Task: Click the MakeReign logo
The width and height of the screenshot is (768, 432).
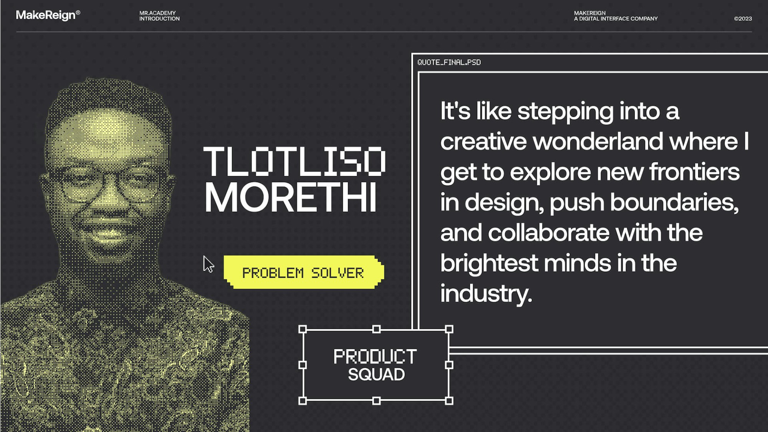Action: click(x=48, y=15)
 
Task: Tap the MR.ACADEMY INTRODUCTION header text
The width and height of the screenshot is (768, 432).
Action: click(x=159, y=16)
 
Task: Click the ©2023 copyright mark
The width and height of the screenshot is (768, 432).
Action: click(x=743, y=18)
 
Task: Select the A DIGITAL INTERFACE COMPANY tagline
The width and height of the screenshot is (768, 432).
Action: click(x=616, y=18)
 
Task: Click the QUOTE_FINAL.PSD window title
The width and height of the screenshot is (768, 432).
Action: click(x=449, y=62)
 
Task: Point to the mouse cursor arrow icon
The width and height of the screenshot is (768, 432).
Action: click(x=208, y=264)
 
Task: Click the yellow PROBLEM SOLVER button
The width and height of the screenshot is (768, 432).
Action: click(x=303, y=272)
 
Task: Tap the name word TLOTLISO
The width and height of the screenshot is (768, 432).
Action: click(x=295, y=161)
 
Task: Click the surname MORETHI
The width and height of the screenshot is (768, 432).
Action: click(x=290, y=197)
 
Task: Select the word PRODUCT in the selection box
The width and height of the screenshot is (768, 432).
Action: click(x=375, y=356)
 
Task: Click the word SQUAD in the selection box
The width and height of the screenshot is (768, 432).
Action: click(x=376, y=374)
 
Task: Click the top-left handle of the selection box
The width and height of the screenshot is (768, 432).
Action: click(x=303, y=329)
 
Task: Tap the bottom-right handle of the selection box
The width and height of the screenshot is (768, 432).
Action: click(x=449, y=401)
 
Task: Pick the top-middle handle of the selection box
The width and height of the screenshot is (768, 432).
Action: click(x=376, y=329)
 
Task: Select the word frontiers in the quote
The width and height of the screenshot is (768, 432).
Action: click(x=695, y=172)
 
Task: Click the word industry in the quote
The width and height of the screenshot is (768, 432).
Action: click(x=486, y=294)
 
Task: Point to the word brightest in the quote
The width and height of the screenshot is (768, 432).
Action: click(x=489, y=264)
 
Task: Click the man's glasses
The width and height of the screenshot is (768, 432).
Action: click(x=109, y=184)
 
